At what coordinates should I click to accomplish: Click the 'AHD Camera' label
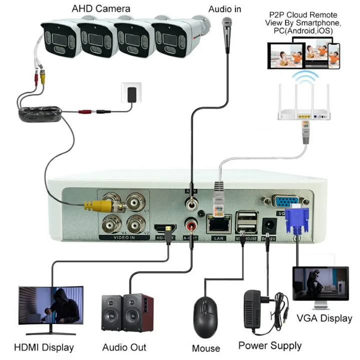click(x=101, y=8)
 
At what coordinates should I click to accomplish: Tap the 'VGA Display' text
click(x=324, y=318)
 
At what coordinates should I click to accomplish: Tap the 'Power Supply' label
click(x=269, y=345)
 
